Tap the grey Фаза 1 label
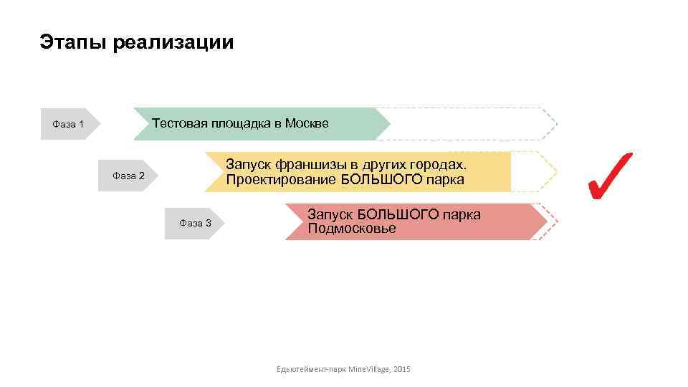click(68, 125)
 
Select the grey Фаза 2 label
click(129, 176)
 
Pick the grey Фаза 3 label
click(195, 223)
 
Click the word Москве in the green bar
click(307, 123)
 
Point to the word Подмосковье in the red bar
click(351, 229)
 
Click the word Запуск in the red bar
click(330, 214)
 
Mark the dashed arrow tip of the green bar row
click(548, 123)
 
